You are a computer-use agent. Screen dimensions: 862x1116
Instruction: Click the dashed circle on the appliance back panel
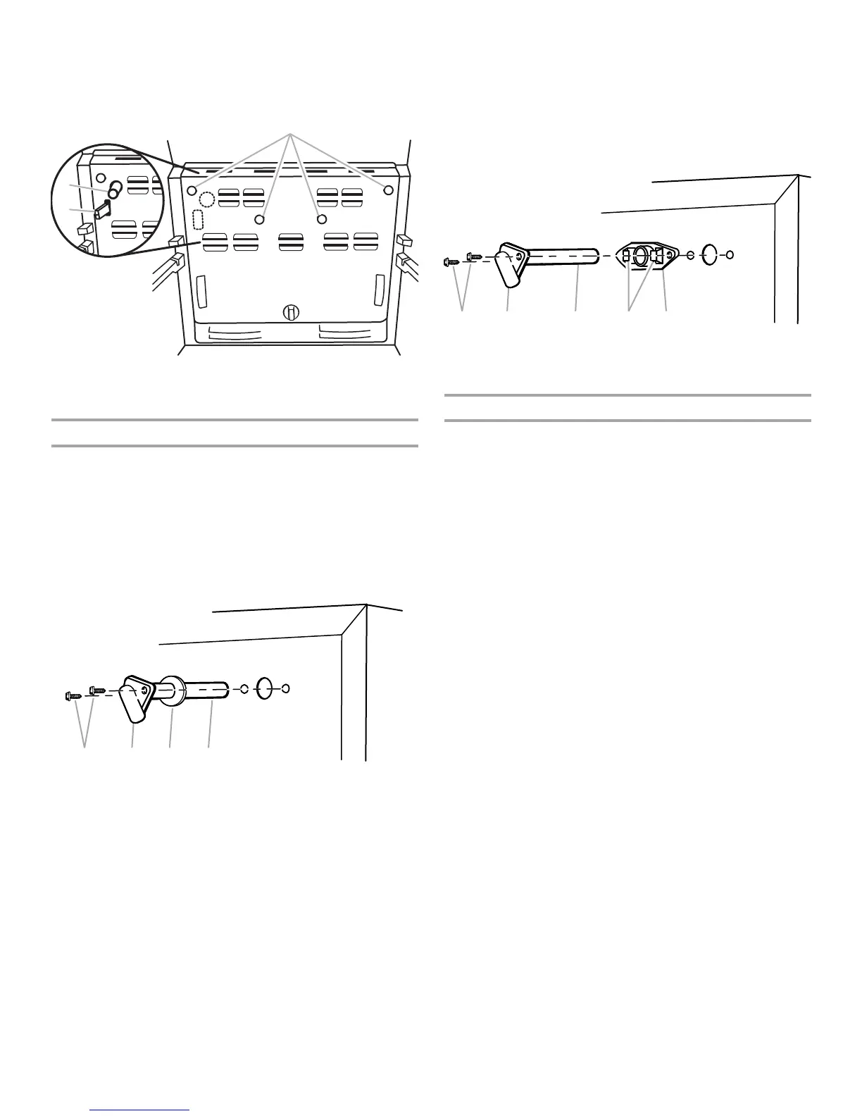[206, 197]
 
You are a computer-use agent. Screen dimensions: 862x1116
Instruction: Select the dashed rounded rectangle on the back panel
[197, 219]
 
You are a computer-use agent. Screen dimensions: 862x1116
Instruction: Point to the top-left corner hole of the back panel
[192, 190]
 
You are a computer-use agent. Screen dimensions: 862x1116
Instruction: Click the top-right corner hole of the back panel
[388, 190]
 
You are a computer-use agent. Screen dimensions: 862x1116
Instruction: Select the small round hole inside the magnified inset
[101, 178]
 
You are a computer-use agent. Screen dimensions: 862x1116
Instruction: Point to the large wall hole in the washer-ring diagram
[264, 688]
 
